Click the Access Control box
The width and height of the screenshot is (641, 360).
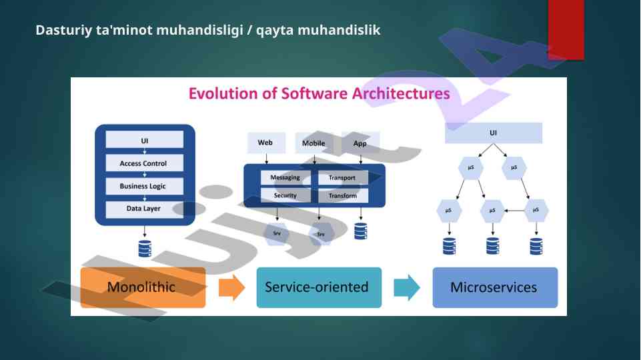point(143,163)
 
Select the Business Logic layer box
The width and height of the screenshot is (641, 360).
point(143,186)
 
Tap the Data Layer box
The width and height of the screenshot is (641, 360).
point(143,209)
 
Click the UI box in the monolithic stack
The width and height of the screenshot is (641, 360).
point(144,140)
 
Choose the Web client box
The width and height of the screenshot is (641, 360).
point(266,143)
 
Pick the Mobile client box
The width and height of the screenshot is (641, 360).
point(313,143)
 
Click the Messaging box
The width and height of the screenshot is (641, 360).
point(285,178)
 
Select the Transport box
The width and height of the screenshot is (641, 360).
point(343,178)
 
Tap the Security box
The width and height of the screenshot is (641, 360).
point(285,195)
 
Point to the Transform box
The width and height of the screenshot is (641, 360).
point(343,195)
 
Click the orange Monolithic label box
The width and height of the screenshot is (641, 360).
point(142,287)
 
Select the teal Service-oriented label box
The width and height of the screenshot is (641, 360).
point(317,287)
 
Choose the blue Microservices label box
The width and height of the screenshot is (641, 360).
point(494,287)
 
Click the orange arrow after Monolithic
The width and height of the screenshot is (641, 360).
point(231,287)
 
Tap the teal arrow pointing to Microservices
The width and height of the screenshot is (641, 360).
point(406,287)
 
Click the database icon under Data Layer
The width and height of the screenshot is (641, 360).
point(144,249)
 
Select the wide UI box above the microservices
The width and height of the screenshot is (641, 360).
point(494,133)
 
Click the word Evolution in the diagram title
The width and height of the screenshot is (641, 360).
point(219,93)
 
